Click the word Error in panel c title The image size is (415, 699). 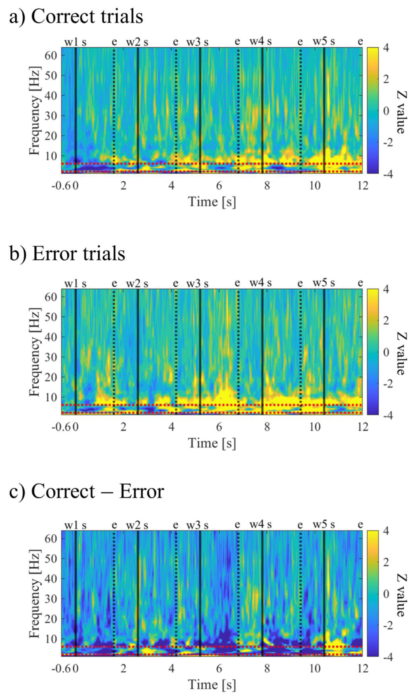point(141,491)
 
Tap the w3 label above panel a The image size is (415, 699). point(193,42)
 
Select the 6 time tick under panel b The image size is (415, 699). point(219,427)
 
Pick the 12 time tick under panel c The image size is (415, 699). point(363,669)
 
